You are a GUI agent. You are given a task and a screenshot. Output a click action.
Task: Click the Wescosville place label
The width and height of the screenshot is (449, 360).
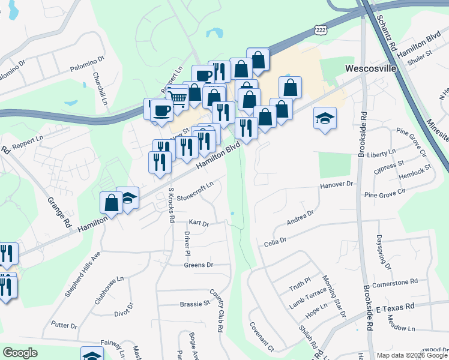coord(370,68)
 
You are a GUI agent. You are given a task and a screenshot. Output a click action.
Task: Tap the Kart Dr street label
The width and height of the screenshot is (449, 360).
coord(199,223)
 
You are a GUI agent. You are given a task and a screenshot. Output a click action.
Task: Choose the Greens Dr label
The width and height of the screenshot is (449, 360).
coord(199,265)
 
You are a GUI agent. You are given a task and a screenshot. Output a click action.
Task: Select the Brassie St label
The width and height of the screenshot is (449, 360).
coord(195,304)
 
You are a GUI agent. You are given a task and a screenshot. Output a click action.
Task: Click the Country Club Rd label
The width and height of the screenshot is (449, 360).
coord(218,308)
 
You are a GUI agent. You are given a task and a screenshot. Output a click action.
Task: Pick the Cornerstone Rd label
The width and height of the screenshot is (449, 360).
coord(394,281)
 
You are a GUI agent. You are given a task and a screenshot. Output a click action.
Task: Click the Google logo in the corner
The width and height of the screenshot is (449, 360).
coord(20,353)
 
